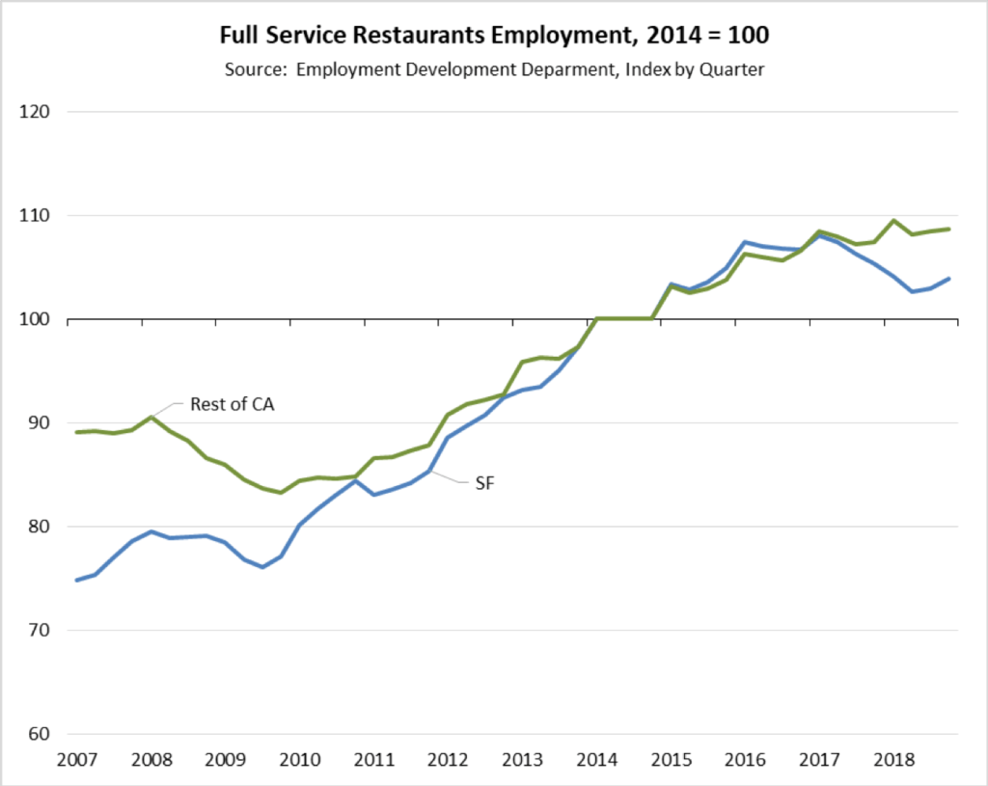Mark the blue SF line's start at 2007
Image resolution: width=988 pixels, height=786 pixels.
[77, 580]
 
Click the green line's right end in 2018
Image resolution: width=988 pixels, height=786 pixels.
[950, 229]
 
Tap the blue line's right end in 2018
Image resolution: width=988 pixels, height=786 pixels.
[950, 279]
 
